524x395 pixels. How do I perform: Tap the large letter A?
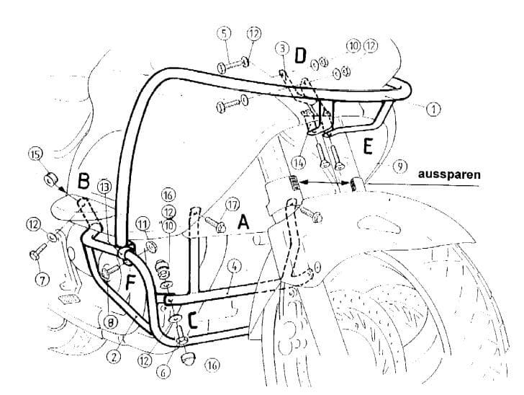click(x=243, y=224)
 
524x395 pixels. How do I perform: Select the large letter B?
click(x=83, y=182)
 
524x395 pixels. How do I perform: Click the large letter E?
click(x=367, y=147)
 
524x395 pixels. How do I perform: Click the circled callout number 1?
click(x=433, y=109)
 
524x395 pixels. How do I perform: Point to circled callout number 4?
click(x=233, y=267)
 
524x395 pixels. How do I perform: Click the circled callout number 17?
click(x=232, y=205)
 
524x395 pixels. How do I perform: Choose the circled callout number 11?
click(x=142, y=224)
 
